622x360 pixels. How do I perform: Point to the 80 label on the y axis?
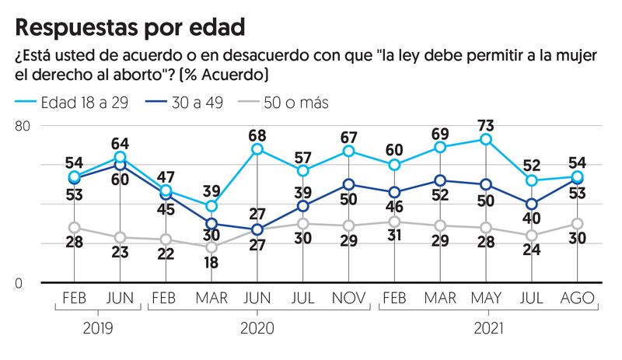pos(25,126)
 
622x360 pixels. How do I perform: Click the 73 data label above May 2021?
pos(486,124)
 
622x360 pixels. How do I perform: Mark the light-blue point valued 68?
pos(257,149)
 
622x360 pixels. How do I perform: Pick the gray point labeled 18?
pos(211,247)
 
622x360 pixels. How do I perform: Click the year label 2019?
pos(97,328)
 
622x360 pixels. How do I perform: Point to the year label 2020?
pos(257,328)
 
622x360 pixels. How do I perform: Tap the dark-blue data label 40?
pos(533,220)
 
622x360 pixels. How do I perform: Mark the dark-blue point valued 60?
pos(120,165)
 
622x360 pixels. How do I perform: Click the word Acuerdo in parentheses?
pos(233,75)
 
